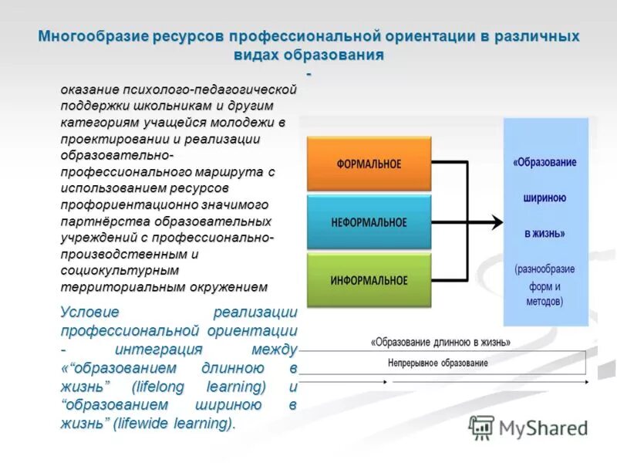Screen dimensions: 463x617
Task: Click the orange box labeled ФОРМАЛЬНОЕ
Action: click(369, 164)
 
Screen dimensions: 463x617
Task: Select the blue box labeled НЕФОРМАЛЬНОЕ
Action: click(369, 222)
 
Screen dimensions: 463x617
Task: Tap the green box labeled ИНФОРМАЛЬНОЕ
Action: click(369, 280)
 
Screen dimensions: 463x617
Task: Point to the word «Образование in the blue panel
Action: click(545, 163)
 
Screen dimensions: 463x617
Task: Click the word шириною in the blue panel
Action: click(545, 198)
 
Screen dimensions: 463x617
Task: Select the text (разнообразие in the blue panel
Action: click(545, 269)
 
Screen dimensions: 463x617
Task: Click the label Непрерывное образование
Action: click(437, 363)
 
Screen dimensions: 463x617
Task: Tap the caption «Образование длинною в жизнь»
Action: click(440, 343)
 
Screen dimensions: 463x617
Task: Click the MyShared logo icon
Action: click(481, 428)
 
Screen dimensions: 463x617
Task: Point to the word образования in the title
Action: click(346, 56)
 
